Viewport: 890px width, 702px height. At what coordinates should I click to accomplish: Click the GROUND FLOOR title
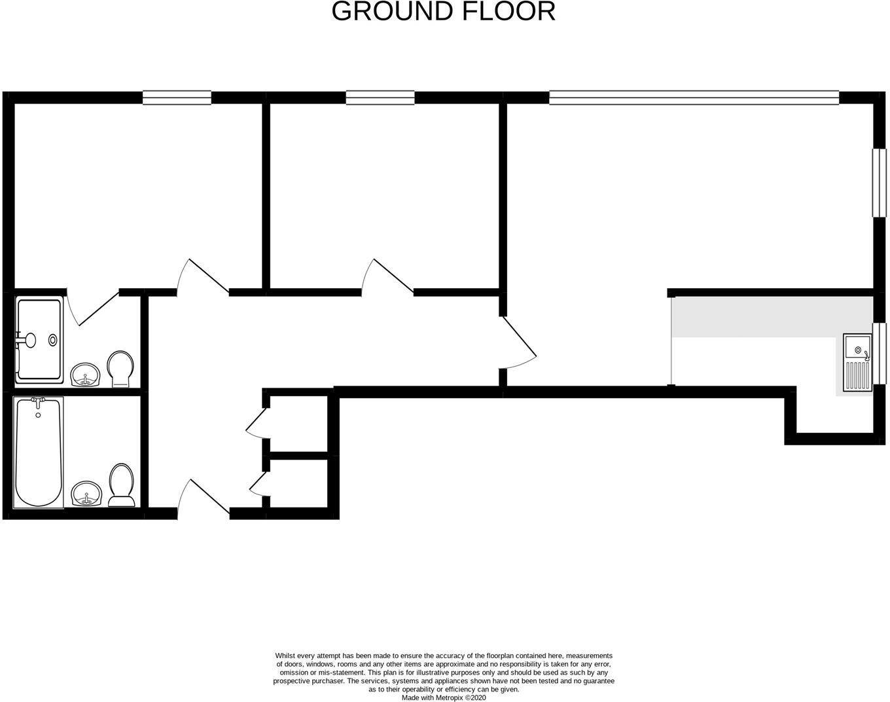point(444,12)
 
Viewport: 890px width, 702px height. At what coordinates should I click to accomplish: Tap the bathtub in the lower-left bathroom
point(39,452)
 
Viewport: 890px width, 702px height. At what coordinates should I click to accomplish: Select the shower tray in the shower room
point(39,340)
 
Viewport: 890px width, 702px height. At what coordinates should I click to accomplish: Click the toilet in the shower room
point(120,368)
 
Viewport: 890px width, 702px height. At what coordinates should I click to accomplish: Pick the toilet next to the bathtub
point(121,485)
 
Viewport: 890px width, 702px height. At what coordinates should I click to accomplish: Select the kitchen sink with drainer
point(857,362)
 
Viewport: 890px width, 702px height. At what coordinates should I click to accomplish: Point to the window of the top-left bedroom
point(177,98)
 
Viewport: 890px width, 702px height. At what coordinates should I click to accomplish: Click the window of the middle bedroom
point(380,98)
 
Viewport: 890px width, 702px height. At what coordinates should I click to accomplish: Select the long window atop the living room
point(694,98)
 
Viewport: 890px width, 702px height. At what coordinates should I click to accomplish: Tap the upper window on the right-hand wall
point(879,183)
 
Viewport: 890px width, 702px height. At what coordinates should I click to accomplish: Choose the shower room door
point(92,308)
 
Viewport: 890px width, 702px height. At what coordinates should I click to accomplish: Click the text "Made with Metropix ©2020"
point(444,697)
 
